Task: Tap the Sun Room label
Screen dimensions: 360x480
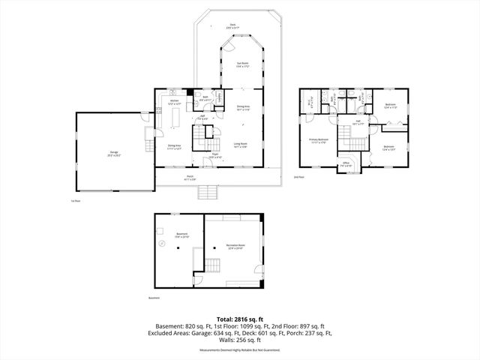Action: [243, 64]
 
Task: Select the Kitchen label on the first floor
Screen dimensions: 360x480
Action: [173, 101]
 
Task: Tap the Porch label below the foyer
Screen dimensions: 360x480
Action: [211, 178]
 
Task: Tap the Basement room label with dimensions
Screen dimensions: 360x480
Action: [181, 235]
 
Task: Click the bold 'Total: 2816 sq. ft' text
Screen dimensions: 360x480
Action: [239, 318]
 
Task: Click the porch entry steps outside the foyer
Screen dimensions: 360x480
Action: [208, 193]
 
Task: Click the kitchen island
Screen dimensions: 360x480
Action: [178, 118]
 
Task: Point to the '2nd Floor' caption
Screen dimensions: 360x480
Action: [299, 177]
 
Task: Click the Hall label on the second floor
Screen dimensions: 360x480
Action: [358, 123]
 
